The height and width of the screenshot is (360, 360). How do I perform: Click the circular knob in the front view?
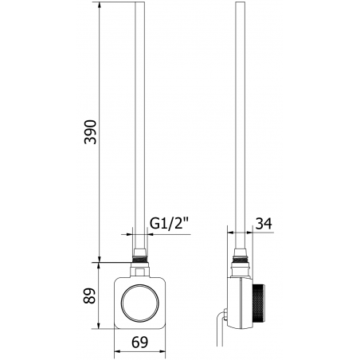pos(141,302)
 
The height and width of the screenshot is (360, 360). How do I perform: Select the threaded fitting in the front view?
pos(141,257)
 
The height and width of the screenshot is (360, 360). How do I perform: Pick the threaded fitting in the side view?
pos(241,257)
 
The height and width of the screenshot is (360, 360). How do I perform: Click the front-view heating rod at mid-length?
pos(141,127)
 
